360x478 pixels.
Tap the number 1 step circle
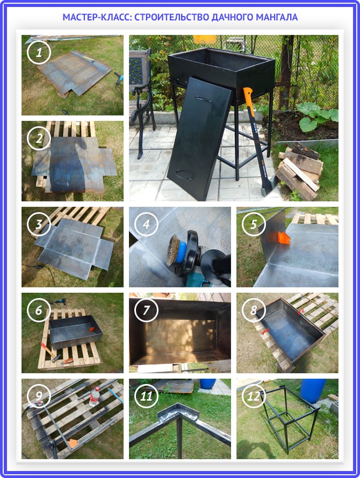pyautogui.click(x=39, y=53)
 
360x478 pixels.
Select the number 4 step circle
pyautogui.click(x=146, y=224)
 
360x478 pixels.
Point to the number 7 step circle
pyautogui.click(x=146, y=310)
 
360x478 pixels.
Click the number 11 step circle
pyautogui.click(x=146, y=396)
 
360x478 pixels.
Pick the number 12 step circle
pyautogui.click(x=254, y=396)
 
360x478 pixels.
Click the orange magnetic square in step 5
pyautogui.click(x=283, y=238)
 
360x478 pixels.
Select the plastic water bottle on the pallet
pyautogui.click(x=95, y=396)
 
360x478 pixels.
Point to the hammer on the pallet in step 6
pyautogui.click(x=51, y=352)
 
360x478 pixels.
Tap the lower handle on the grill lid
pyautogui.click(x=184, y=175)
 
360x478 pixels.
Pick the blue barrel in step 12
pyautogui.click(x=313, y=391)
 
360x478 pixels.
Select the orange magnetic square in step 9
pyautogui.click(x=73, y=443)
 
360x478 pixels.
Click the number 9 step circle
pyautogui.click(x=39, y=396)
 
